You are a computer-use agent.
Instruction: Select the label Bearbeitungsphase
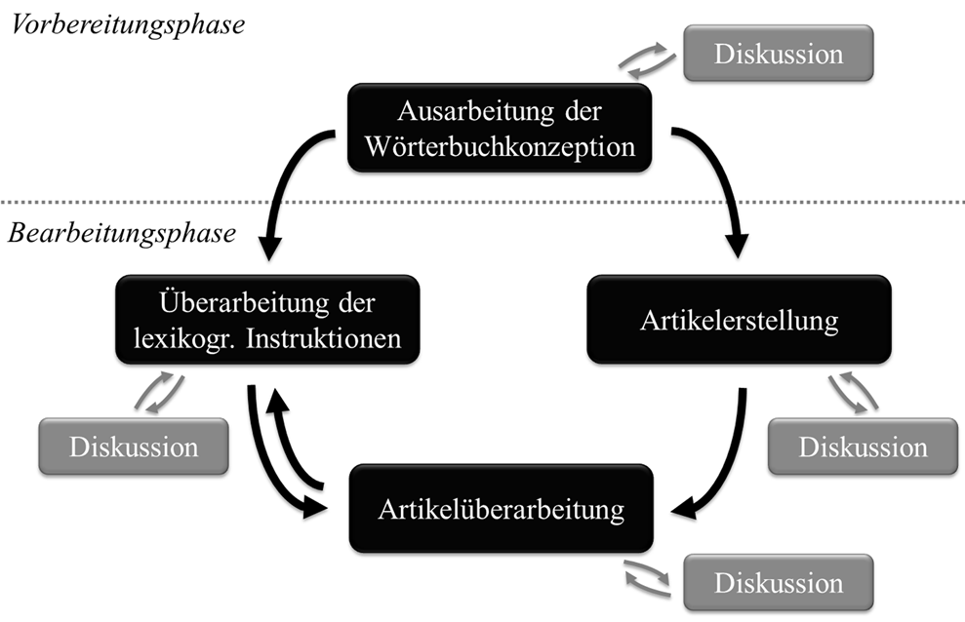click(122, 234)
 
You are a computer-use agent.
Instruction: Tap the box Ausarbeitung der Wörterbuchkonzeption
click(499, 128)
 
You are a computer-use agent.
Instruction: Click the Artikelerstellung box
click(739, 320)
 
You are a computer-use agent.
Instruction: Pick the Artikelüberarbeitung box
click(500, 508)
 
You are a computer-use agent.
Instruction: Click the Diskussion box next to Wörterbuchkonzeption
click(778, 53)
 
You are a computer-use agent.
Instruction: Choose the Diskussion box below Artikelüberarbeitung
click(778, 583)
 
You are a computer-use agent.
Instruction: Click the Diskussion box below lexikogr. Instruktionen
click(134, 447)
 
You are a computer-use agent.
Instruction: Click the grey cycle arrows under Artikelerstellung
click(852, 391)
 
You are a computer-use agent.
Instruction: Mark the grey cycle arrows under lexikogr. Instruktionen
click(158, 390)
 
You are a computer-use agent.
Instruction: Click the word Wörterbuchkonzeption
click(500, 147)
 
